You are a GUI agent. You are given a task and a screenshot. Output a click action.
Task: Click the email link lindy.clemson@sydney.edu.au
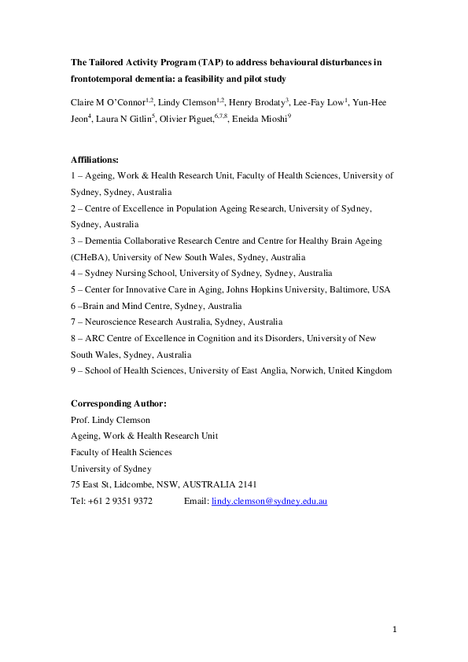coord(270,499)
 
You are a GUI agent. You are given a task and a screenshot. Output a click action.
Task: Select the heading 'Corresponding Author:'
coord(119,403)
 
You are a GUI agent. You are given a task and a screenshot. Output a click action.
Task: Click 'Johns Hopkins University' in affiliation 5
coord(257,289)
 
